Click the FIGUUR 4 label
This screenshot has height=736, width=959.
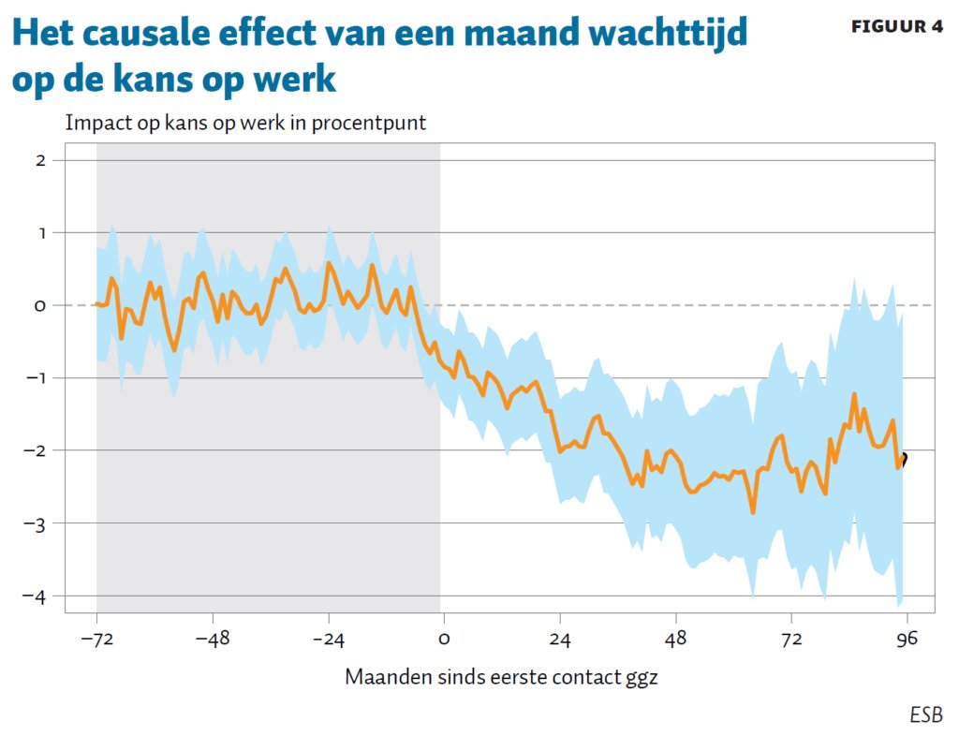click(896, 27)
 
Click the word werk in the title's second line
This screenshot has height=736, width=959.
click(299, 80)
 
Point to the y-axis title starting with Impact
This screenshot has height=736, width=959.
click(245, 123)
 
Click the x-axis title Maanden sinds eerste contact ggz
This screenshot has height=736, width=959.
click(501, 676)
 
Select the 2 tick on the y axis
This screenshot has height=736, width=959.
click(41, 160)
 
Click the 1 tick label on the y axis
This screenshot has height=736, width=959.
click(41, 232)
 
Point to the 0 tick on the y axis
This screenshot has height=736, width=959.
click(41, 305)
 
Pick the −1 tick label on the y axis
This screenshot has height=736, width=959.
click(37, 378)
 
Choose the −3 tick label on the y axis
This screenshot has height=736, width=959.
click(37, 523)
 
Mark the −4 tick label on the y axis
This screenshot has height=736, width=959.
click(37, 596)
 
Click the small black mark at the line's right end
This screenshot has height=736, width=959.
click(903, 459)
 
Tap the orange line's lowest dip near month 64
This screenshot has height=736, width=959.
click(752, 511)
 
